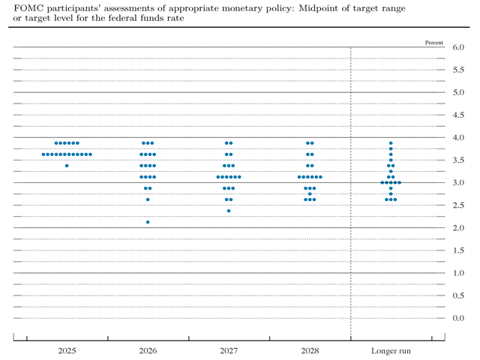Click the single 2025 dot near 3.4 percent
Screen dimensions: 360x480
click(x=67, y=165)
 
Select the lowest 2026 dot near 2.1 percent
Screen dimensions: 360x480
click(x=148, y=222)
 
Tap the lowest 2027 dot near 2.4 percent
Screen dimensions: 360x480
click(x=229, y=211)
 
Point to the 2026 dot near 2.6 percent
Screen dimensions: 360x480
click(x=148, y=199)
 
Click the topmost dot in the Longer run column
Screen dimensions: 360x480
click(x=391, y=142)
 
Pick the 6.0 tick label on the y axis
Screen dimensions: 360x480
click(x=459, y=47)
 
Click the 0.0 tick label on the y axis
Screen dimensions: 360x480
click(x=459, y=318)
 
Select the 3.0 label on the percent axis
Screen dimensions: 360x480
click(x=459, y=183)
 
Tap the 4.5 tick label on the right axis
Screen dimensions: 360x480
click(x=459, y=115)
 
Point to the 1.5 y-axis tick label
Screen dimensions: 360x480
click(x=459, y=250)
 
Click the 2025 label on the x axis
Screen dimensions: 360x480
click(x=67, y=350)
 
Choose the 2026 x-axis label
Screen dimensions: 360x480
click(x=148, y=350)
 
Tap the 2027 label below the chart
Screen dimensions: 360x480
click(x=229, y=350)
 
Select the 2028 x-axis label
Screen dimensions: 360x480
click(x=310, y=350)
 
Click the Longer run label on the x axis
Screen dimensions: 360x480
click(x=391, y=350)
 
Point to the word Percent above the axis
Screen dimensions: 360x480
click(x=433, y=42)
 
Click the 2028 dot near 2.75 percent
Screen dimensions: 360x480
click(x=310, y=193)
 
